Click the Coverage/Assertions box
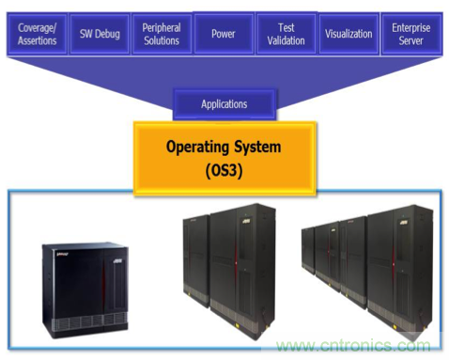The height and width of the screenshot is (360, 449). coord(37,34)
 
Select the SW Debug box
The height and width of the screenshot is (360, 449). coord(100,34)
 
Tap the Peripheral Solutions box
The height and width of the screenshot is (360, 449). coord(162,34)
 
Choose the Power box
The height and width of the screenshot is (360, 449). coord(224,34)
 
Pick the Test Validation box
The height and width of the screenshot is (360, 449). coord(286,34)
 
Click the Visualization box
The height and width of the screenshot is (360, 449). coord(348,34)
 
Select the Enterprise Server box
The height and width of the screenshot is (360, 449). coord(411,34)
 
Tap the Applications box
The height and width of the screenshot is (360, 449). coord(224,104)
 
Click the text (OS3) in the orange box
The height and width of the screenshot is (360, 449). coord(224,171)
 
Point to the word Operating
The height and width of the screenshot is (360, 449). coord(197,148)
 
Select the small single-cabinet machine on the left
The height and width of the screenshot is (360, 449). coord(85,290)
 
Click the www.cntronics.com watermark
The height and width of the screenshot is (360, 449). coord(354,345)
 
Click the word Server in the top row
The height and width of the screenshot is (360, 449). coord(411,40)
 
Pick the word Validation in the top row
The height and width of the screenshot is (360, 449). coord(286,40)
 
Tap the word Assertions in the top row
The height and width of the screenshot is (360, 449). coord(38,40)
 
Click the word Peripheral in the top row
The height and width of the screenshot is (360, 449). coord(162,28)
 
